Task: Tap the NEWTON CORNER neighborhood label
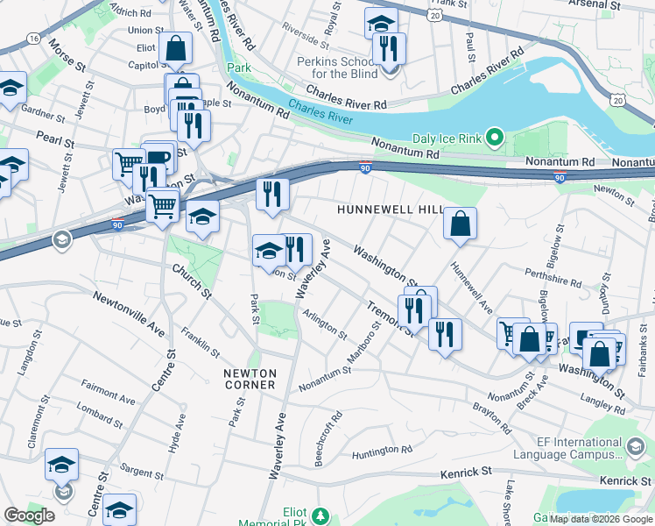pyautogui.click(x=250, y=379)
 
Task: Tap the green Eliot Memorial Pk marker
pyautogui.click(x=320, y=514)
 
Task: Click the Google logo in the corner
pyautogui.click(x=29, y=515)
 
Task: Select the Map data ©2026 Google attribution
pyautogui.click(x=601, y=519)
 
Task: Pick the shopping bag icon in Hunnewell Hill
pyautogui.click(x=460, y=224)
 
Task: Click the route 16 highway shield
pyautogui.click(x=33, y=39)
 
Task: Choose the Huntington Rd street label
pyautogui.click(x=382, y=451)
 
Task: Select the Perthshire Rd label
pyautogui.click(x=552, y=278)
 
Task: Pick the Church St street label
pyautogui.click(x=192, y=281)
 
